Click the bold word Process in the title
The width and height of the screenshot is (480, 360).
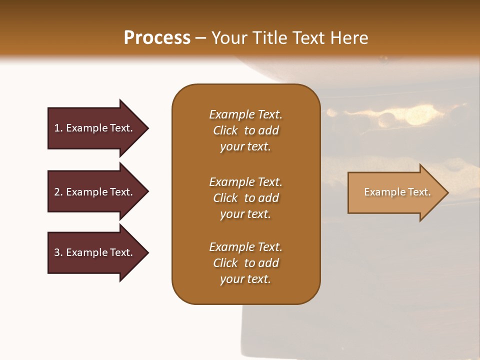coord(157,37)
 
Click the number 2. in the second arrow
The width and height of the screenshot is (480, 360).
coord(58,192)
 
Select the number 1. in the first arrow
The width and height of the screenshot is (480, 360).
coord(58,128)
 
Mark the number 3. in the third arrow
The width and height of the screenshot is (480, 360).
coord(58,252)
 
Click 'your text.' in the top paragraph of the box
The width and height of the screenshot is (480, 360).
coord(245,147)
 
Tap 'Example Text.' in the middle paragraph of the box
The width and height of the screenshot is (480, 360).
coord(245,182)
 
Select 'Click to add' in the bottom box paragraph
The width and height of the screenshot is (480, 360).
coord(245,263)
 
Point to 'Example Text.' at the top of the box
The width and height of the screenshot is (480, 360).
coord(245,114)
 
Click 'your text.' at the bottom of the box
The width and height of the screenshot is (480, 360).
coord(245,279)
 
